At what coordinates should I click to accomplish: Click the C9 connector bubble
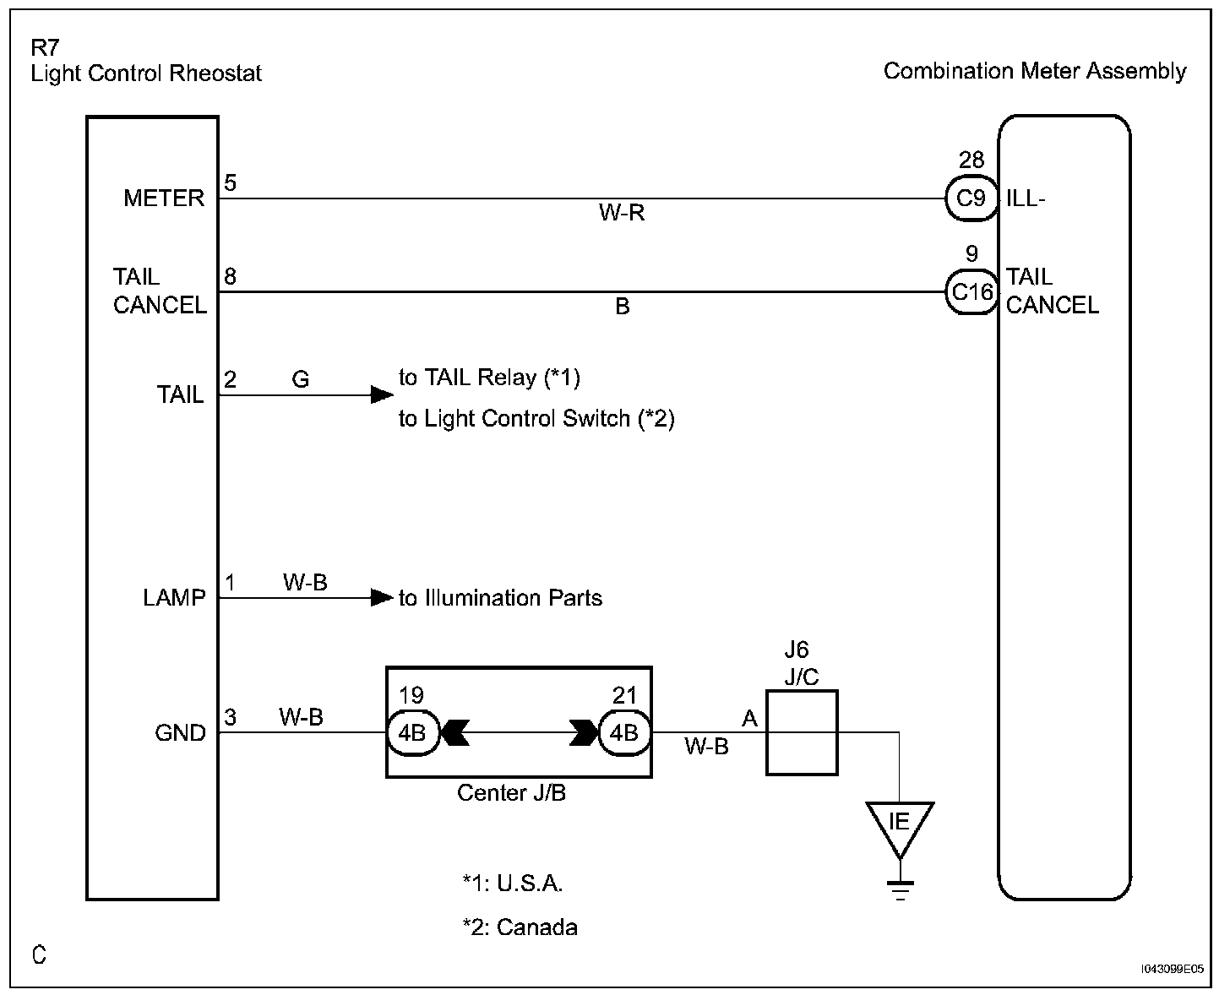971,198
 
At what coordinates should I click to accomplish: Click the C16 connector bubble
971,292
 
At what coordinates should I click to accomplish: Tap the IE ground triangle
900,824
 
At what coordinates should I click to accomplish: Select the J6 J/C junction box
802,732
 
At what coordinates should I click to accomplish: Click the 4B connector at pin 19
412,732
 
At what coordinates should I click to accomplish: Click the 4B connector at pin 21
624,732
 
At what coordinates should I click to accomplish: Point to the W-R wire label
622,213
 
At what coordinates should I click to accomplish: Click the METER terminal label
164,198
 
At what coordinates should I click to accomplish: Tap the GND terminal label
180,733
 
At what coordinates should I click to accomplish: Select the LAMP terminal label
174,598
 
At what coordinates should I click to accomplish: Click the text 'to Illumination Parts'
500,598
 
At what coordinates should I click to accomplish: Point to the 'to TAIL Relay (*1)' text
489,378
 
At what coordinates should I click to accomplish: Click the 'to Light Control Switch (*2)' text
536,418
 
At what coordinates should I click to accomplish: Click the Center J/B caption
511,793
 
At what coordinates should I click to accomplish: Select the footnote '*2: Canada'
520,927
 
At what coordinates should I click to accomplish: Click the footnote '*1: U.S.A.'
513,884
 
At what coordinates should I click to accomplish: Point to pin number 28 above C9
971,160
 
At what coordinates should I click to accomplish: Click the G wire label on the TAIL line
301,380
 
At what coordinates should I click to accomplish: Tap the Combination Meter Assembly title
1035,71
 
